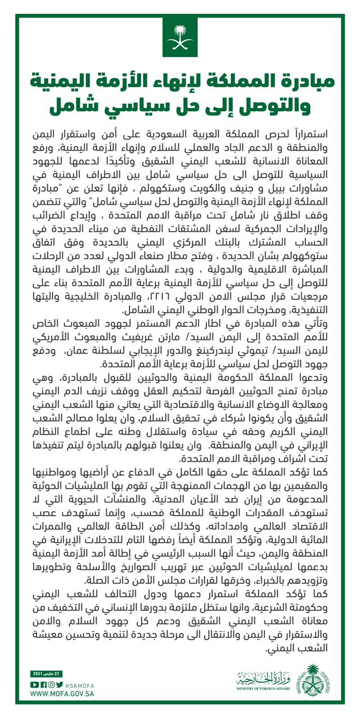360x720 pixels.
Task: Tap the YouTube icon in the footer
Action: click(x=34, y=684)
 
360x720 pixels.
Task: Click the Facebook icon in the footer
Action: click(x=43, y=684)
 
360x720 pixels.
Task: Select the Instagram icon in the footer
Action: click(x=52, y=684)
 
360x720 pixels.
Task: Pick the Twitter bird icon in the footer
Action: click(x=60, y=684)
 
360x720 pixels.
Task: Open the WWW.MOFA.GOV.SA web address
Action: click(x=62, y=694)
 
